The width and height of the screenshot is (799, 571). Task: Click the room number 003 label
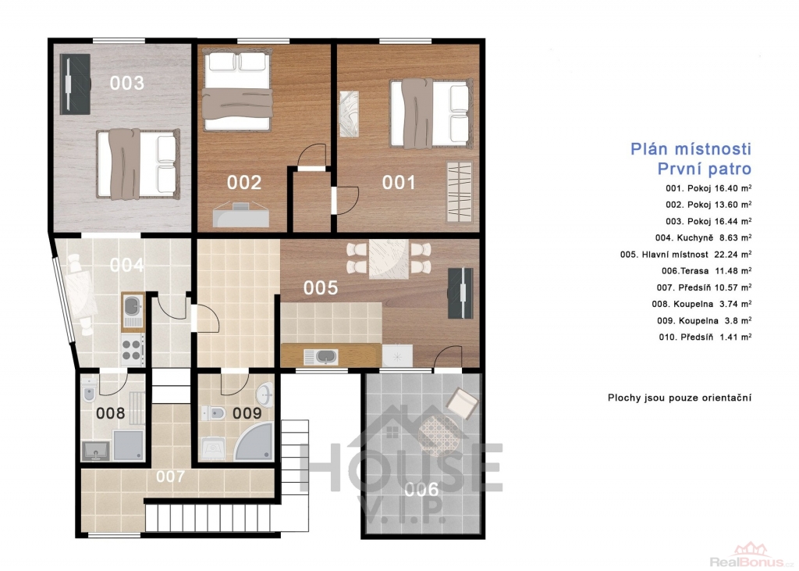pos(127,83)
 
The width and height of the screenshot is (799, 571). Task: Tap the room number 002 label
pos(244,182)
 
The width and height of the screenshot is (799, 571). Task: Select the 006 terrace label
pos(421,489)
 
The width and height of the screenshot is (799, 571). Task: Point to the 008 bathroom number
pos(111,412)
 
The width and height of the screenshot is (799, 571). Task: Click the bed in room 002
pos(237,90)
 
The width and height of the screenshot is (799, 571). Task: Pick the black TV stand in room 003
pos(75,84)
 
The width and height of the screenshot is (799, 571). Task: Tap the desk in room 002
pos(241,214)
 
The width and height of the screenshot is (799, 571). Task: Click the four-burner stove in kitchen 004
pos(131,349)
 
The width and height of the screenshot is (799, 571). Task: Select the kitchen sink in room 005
pos(321,356)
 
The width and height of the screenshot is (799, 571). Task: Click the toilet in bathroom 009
pos(213,412)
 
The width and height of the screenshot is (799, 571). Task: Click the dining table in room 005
pos(389,259)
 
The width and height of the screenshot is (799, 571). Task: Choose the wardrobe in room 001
pos(459,192)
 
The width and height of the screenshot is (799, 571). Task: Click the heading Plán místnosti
pos(691,149)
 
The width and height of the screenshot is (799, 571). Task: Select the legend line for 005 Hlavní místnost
pos(686,254)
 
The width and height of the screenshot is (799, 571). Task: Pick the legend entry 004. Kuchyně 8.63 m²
pos(704,237)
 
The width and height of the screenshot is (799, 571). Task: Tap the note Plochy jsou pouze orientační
pos(680,398)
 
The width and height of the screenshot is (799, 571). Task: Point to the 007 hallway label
pos(170,476)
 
